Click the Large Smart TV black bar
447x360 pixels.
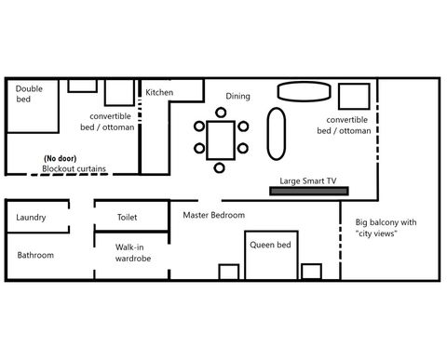[308, 191]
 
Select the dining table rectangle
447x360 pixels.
[220, 139]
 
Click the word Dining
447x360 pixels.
[238, 96]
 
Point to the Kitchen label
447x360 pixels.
[158, 92]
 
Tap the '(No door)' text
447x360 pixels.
[61, 157]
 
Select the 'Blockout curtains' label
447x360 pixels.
[74, 169]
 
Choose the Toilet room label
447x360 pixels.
[128, 217]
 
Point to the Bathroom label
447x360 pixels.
[36, 255]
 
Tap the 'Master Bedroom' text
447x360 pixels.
[213, 215]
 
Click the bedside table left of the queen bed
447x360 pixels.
[229, 272]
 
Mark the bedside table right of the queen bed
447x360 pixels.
[310, 271]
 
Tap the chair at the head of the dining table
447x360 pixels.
[220, 113]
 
